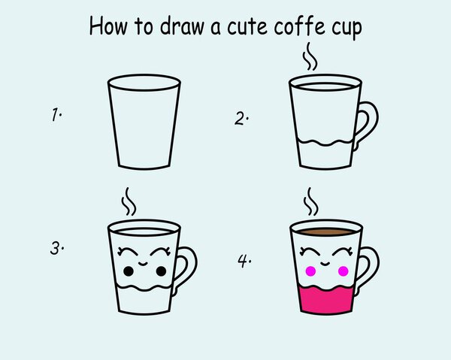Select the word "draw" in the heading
pos(182,26)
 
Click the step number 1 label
pos(56,114)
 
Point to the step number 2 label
pos(241,119)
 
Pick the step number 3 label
pos(56,248)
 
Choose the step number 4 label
pos(244,261)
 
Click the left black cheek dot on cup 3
pos(129,271)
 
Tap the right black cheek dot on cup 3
pos(161,271)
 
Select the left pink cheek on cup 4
pos(310,271)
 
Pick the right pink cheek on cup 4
pos(344,271)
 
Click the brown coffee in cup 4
pos(326,231)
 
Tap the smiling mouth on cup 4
pos(325,264)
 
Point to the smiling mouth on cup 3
pos(143,264)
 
